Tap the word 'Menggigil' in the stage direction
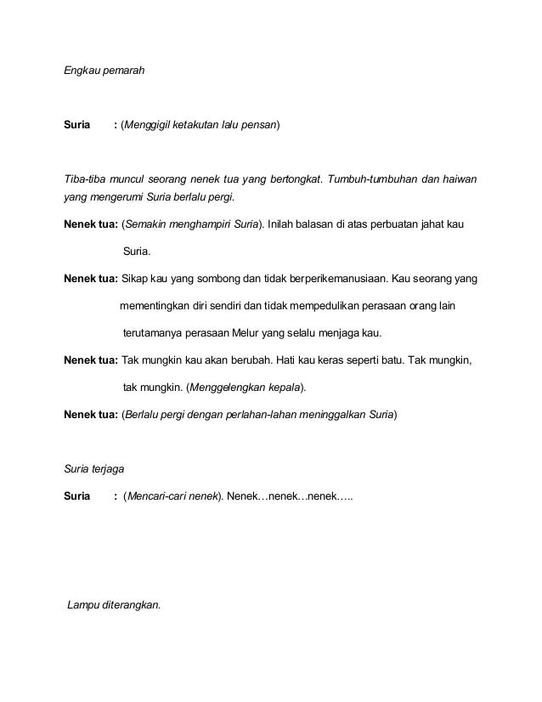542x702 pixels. coord(148,126)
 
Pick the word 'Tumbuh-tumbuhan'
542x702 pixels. coord(376,179)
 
